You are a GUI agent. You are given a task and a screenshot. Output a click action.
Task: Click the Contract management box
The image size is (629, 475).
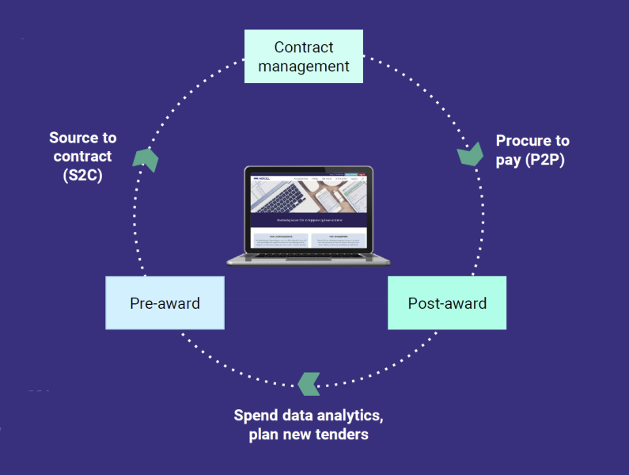tap(303, 56)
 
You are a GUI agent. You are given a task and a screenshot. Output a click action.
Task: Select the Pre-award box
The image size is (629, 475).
tap(165, 302)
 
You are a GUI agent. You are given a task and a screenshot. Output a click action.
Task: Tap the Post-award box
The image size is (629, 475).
tap(447, 302)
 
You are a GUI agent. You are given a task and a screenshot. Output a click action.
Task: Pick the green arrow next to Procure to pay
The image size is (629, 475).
tap(471, 153)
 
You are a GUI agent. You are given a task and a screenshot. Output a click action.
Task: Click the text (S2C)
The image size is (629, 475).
tap(82, 175)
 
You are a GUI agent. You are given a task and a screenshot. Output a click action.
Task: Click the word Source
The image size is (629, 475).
tap(72, 138)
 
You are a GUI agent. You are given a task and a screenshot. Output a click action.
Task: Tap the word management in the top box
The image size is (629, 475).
tap(304, 66)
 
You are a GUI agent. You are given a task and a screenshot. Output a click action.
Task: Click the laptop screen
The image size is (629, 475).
tap(309, 211)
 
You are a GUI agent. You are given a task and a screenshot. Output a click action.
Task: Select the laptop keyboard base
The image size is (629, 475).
tap(309, 259)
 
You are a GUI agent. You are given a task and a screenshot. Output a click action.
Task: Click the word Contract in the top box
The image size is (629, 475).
tap(304, 47)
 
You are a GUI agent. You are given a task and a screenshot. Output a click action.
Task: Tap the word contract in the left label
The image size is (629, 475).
tap(83, 156)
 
